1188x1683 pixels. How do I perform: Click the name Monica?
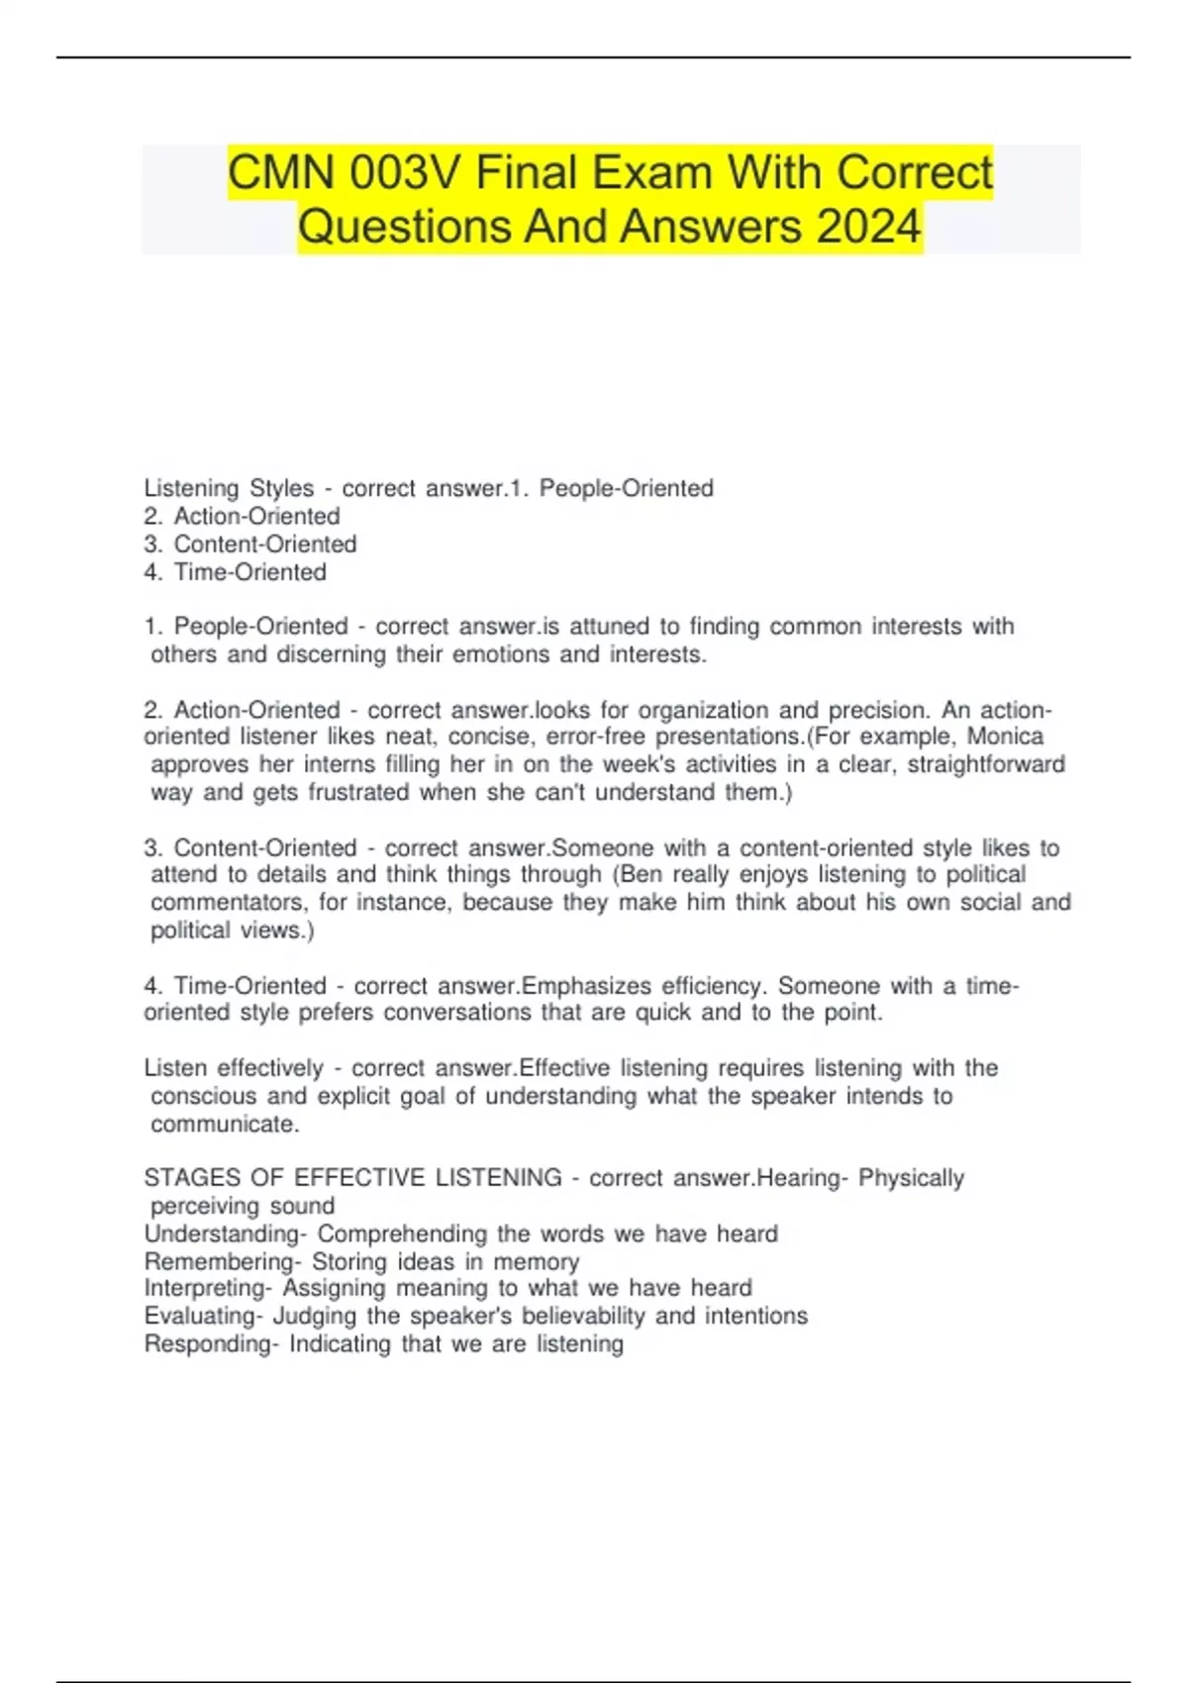click(x=1005, y=737)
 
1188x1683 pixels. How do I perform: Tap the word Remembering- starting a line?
click(x=223, y=1261)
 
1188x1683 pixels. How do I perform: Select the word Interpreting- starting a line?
click(x=208, y=1288)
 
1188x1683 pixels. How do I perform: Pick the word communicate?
click(x=225, y=1125)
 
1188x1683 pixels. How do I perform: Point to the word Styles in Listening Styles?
click(x=281, y=488)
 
